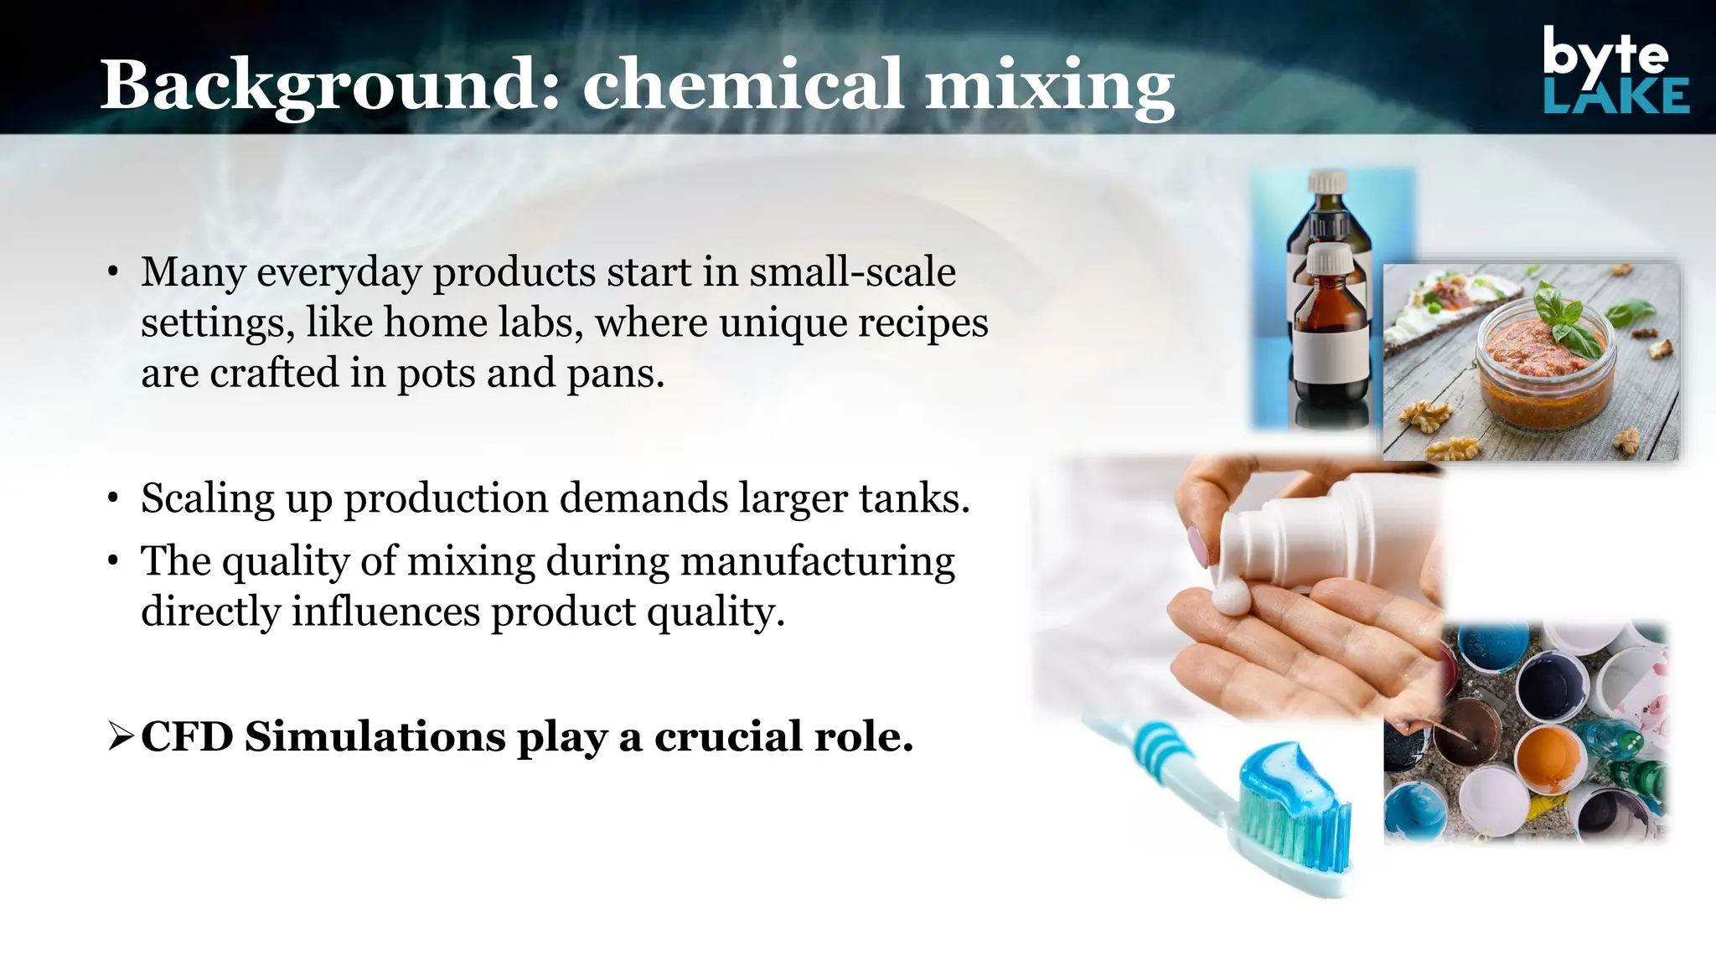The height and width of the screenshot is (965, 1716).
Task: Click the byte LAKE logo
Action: pyautogui.click(x=1615, y=70)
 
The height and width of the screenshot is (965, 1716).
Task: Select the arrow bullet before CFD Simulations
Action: pyautogui.click(x=121, y=737)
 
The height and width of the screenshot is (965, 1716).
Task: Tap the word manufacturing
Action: pyautogui.click(x=817, y=561)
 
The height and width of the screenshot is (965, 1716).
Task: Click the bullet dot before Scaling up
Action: pyautogui.click(x=113, y=499)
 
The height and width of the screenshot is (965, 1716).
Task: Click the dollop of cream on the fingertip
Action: pyautogui.click(x=1230, y=596)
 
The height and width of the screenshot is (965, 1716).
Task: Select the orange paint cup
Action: pyautogui.click(x=1548, y=753)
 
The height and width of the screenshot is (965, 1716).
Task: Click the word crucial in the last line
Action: pyautogui.click(x=728, y=737)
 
